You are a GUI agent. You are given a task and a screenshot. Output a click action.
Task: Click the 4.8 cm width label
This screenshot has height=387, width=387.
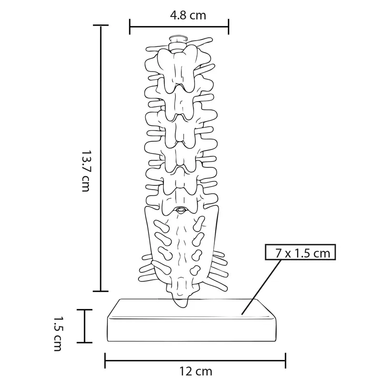pyautogui.click(x=188, y=15)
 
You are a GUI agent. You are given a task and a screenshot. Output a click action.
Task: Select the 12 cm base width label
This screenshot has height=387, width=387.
pyautogui.click(x=195, y=371)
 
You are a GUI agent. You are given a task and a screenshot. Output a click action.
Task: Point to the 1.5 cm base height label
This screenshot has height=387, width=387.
pyautogui.click(x=58, y=334)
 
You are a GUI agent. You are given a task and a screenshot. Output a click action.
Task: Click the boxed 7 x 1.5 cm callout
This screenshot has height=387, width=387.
pyautogui.click(x=300, y=252)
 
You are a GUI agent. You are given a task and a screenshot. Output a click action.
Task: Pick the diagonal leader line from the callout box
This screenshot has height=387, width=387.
pyautogui.click(x=262, y=287)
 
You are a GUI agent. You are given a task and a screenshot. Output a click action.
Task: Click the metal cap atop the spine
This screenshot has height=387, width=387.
pyautogui.click(x=178, y=43)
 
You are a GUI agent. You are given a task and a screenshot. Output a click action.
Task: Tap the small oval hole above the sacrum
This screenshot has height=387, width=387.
pyautogui.click(x=180, y=210)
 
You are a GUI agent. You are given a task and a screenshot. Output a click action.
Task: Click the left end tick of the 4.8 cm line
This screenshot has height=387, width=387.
pyautogui.click(x=130, y=27)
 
